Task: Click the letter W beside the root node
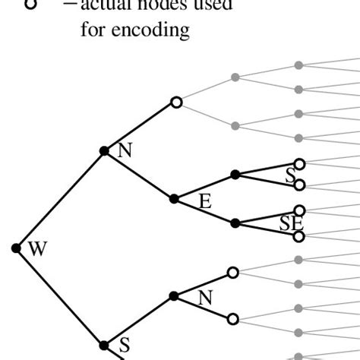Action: pyautogui.click(x=35, y=248)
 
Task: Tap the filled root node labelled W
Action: pyautogui.click(x=17, y=248)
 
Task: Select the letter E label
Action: pyautogui.click(x=204, y=201)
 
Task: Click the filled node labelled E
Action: pyautogui.click(x=174, y=198)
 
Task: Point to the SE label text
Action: pyautogui.click(x=291, y=223)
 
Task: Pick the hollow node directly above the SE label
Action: pyautogui.click(x=300, y=210)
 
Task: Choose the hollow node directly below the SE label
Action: pyautogui.click(x=300, y=236)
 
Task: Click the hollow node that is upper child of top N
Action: pyautogui.click(x=176, y=101)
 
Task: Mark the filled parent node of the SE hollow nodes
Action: pyautogui.click(x=235, y=223)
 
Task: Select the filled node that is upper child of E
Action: pyautogui.click(x=235, y=175)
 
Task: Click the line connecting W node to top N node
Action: pyautogui.click(x=61, y=199)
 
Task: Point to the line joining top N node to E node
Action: pyautogui.click(x=139, y=175)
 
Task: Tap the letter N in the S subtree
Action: pyautogui.click(x=205, y=298)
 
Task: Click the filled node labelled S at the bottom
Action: pyautogui.click(x=104, y=345)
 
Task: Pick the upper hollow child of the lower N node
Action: pyautogui.click(x=233, y=271)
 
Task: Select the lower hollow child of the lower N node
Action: pyautogui.click(x=233, y=320)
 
